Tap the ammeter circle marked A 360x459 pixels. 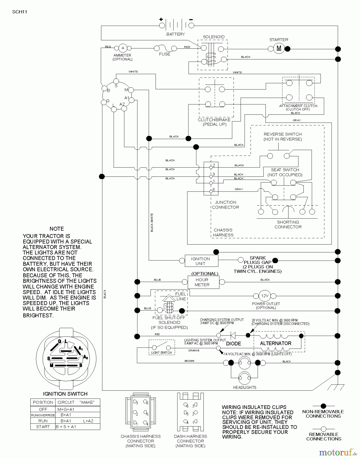(x=123, y=48)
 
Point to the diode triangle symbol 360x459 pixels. (x=233, y=336)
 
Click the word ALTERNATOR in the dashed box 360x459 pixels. (x=276, y=343)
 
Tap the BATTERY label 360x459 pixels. (x=176, y=34)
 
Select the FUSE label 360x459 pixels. (x=165, y=54)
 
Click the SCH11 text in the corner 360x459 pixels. (x=20, y=12)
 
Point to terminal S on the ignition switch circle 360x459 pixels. (x=116, y=81)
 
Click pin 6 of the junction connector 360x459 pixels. (x=211, y=191)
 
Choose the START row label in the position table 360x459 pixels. (x=43, y=427)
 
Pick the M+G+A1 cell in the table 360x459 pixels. (x=66, y=409)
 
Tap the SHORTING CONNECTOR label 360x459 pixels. (x=288, y=224)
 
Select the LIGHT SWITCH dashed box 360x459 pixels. (x=162, y=347)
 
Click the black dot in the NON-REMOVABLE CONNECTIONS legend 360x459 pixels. (x=324, y=406)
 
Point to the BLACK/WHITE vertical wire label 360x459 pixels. (x=152, y=222)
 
